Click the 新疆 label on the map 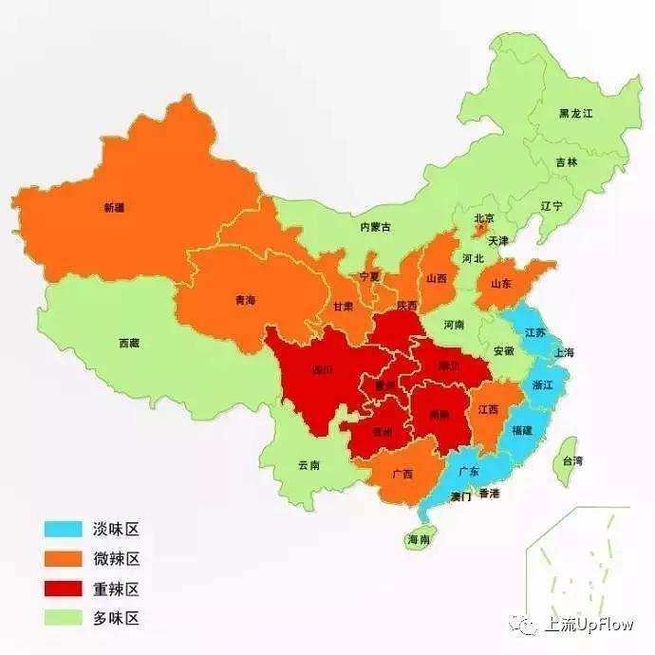(x=114, y=207)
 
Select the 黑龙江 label (x=575, y=113)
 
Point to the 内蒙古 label (x=375, y=227)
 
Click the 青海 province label (x=245, y=300)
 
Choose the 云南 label (x=309, y=465)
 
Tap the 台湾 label (x=572, y=460)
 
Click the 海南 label (x=419, y=539)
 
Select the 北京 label (x=484, y=218)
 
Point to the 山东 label (x=501, y=283)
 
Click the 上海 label (x=564, y=352)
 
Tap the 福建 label (x=522, y=430)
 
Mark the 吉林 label (x=567, y=162)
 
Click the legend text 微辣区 (x=117, y=559)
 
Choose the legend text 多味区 (x=117, y=618)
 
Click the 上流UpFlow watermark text (x=588, y=626)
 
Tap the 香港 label (x=489, y=494)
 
